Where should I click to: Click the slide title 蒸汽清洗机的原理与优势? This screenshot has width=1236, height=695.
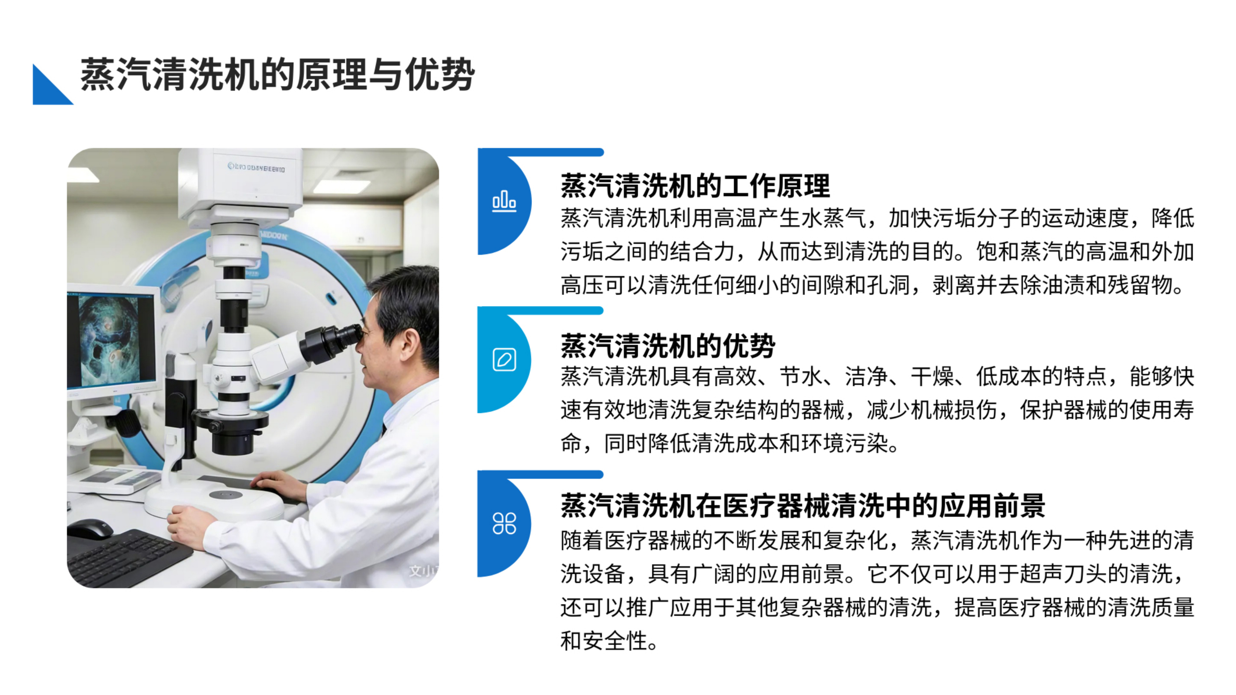point(277,75)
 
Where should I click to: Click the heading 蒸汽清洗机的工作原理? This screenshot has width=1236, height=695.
point(695,186)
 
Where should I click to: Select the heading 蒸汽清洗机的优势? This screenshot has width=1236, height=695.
point(668,345)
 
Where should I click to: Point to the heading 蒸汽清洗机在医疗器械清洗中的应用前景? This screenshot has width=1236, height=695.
point(803,505)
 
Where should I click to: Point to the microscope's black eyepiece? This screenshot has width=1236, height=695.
point(331,341)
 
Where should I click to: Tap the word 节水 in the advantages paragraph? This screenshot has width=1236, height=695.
point(801,376)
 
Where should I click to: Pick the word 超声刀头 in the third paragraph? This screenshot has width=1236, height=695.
point(1063,574)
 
